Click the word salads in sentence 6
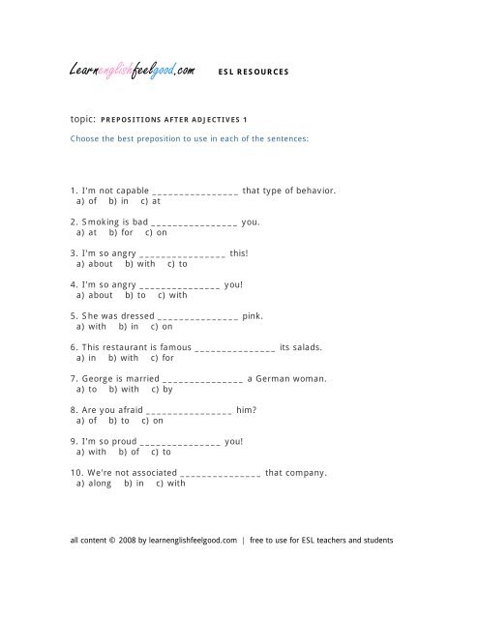(316, 347)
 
